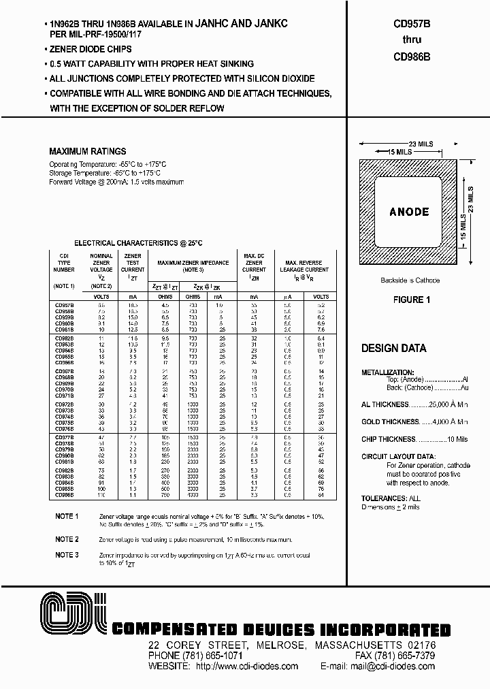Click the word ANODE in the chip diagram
coord(409,212)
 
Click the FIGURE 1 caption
coord(412,300)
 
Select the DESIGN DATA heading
coord(393,348)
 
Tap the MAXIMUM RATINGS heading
coord(88,151)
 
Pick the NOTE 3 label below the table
coord(67,555)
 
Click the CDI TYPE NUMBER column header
coord(64,266)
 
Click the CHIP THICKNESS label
coord(388,439)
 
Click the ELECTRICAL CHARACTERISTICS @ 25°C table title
coord(138,242)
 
